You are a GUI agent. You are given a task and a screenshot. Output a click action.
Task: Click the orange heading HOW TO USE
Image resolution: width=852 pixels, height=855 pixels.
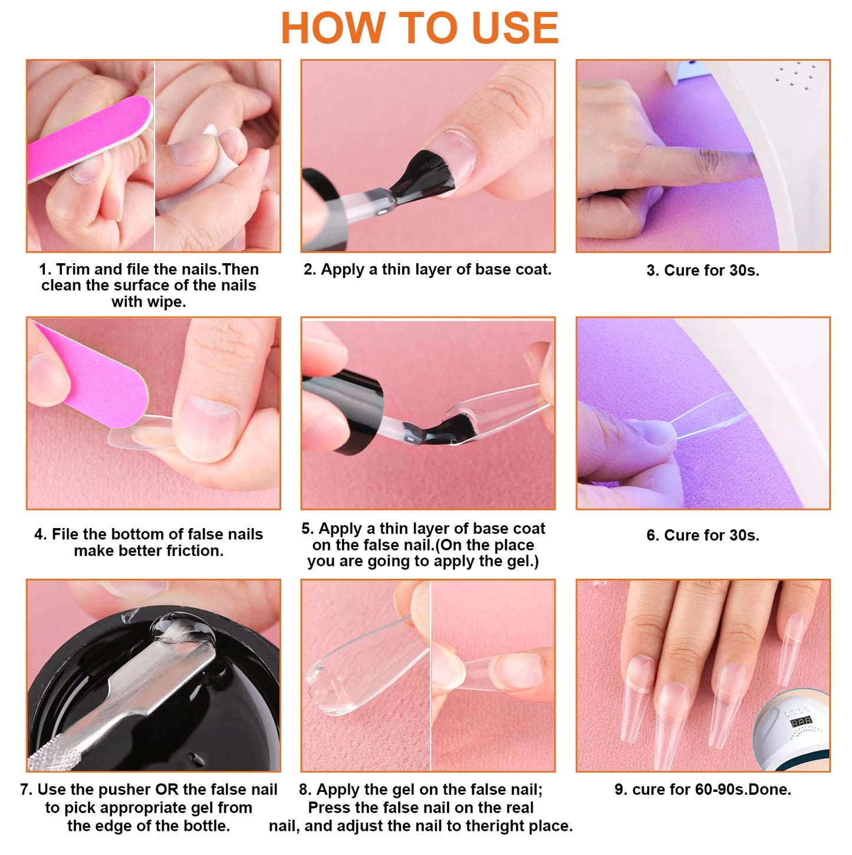coord(419,28)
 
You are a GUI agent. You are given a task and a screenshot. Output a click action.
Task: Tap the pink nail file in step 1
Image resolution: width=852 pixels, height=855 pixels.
coord(88,139)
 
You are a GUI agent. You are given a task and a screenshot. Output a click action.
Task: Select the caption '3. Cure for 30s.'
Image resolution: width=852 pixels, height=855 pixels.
coord(703,270)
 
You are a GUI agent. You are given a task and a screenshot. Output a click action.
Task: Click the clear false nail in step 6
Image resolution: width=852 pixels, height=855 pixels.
coord(708,416)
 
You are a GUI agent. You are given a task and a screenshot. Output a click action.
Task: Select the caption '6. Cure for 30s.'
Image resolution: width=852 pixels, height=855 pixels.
coord(703,535)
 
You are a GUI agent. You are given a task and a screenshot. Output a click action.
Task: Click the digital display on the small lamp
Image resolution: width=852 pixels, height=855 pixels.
coord(801,722)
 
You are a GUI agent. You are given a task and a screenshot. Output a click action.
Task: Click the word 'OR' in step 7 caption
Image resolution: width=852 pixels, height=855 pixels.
coord(166,790)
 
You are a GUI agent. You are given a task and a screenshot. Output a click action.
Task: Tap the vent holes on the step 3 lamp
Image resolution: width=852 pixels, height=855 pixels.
coord(796,75)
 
